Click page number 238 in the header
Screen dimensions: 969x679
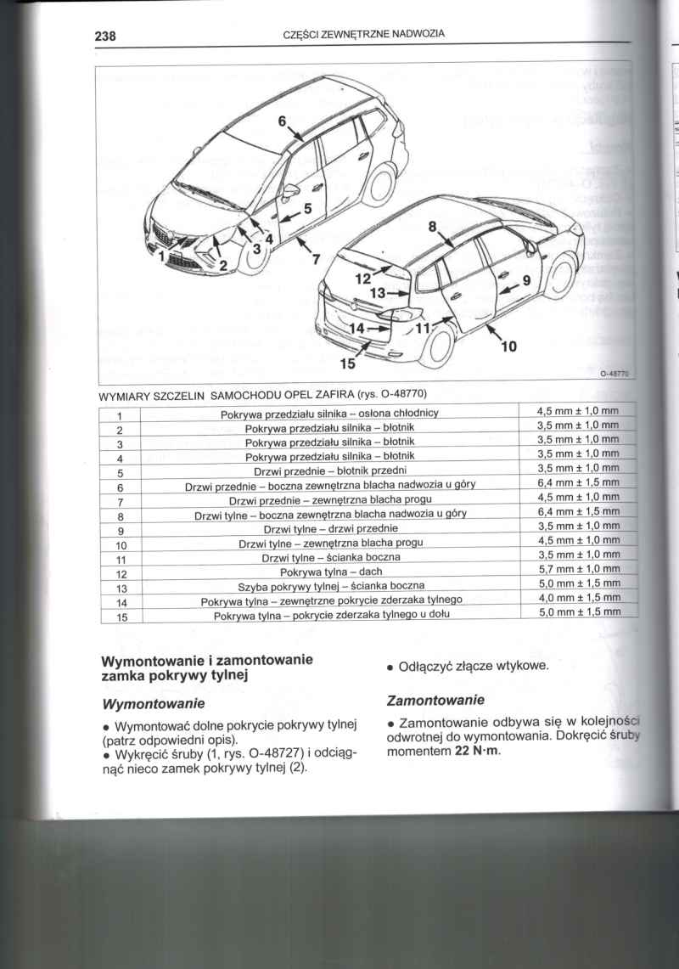click(x=104, y=36)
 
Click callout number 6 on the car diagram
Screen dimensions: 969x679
click(x=283, y=121)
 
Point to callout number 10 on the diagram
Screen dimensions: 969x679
click(x=508, y=346)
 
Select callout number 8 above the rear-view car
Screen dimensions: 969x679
click(x=431, y=227)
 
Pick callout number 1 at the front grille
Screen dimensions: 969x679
click(x=164, y=253)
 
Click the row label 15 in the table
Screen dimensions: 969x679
click(x=121, y=617)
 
